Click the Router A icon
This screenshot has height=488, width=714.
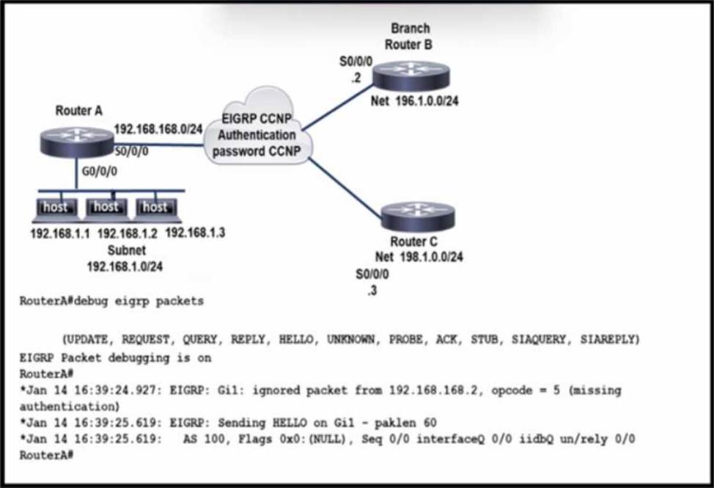(77, 142)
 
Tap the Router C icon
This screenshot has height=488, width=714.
(418, 216)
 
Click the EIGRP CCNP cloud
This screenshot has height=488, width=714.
(257, 130)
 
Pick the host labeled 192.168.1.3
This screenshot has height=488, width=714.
(155, 209)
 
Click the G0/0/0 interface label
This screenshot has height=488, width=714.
(99, 171)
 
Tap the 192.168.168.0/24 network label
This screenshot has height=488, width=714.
(158, 129)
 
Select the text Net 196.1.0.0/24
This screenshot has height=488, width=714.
(414, 101)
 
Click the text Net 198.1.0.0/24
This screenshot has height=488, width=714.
(419, 257)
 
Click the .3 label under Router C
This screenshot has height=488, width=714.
(372, 291)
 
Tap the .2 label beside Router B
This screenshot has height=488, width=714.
(356, 78)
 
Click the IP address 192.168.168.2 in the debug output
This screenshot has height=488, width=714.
(435, 390)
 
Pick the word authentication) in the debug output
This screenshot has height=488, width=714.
(70, 407)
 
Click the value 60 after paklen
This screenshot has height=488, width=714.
(430, 423)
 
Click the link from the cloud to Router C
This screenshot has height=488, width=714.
(345, 188)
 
